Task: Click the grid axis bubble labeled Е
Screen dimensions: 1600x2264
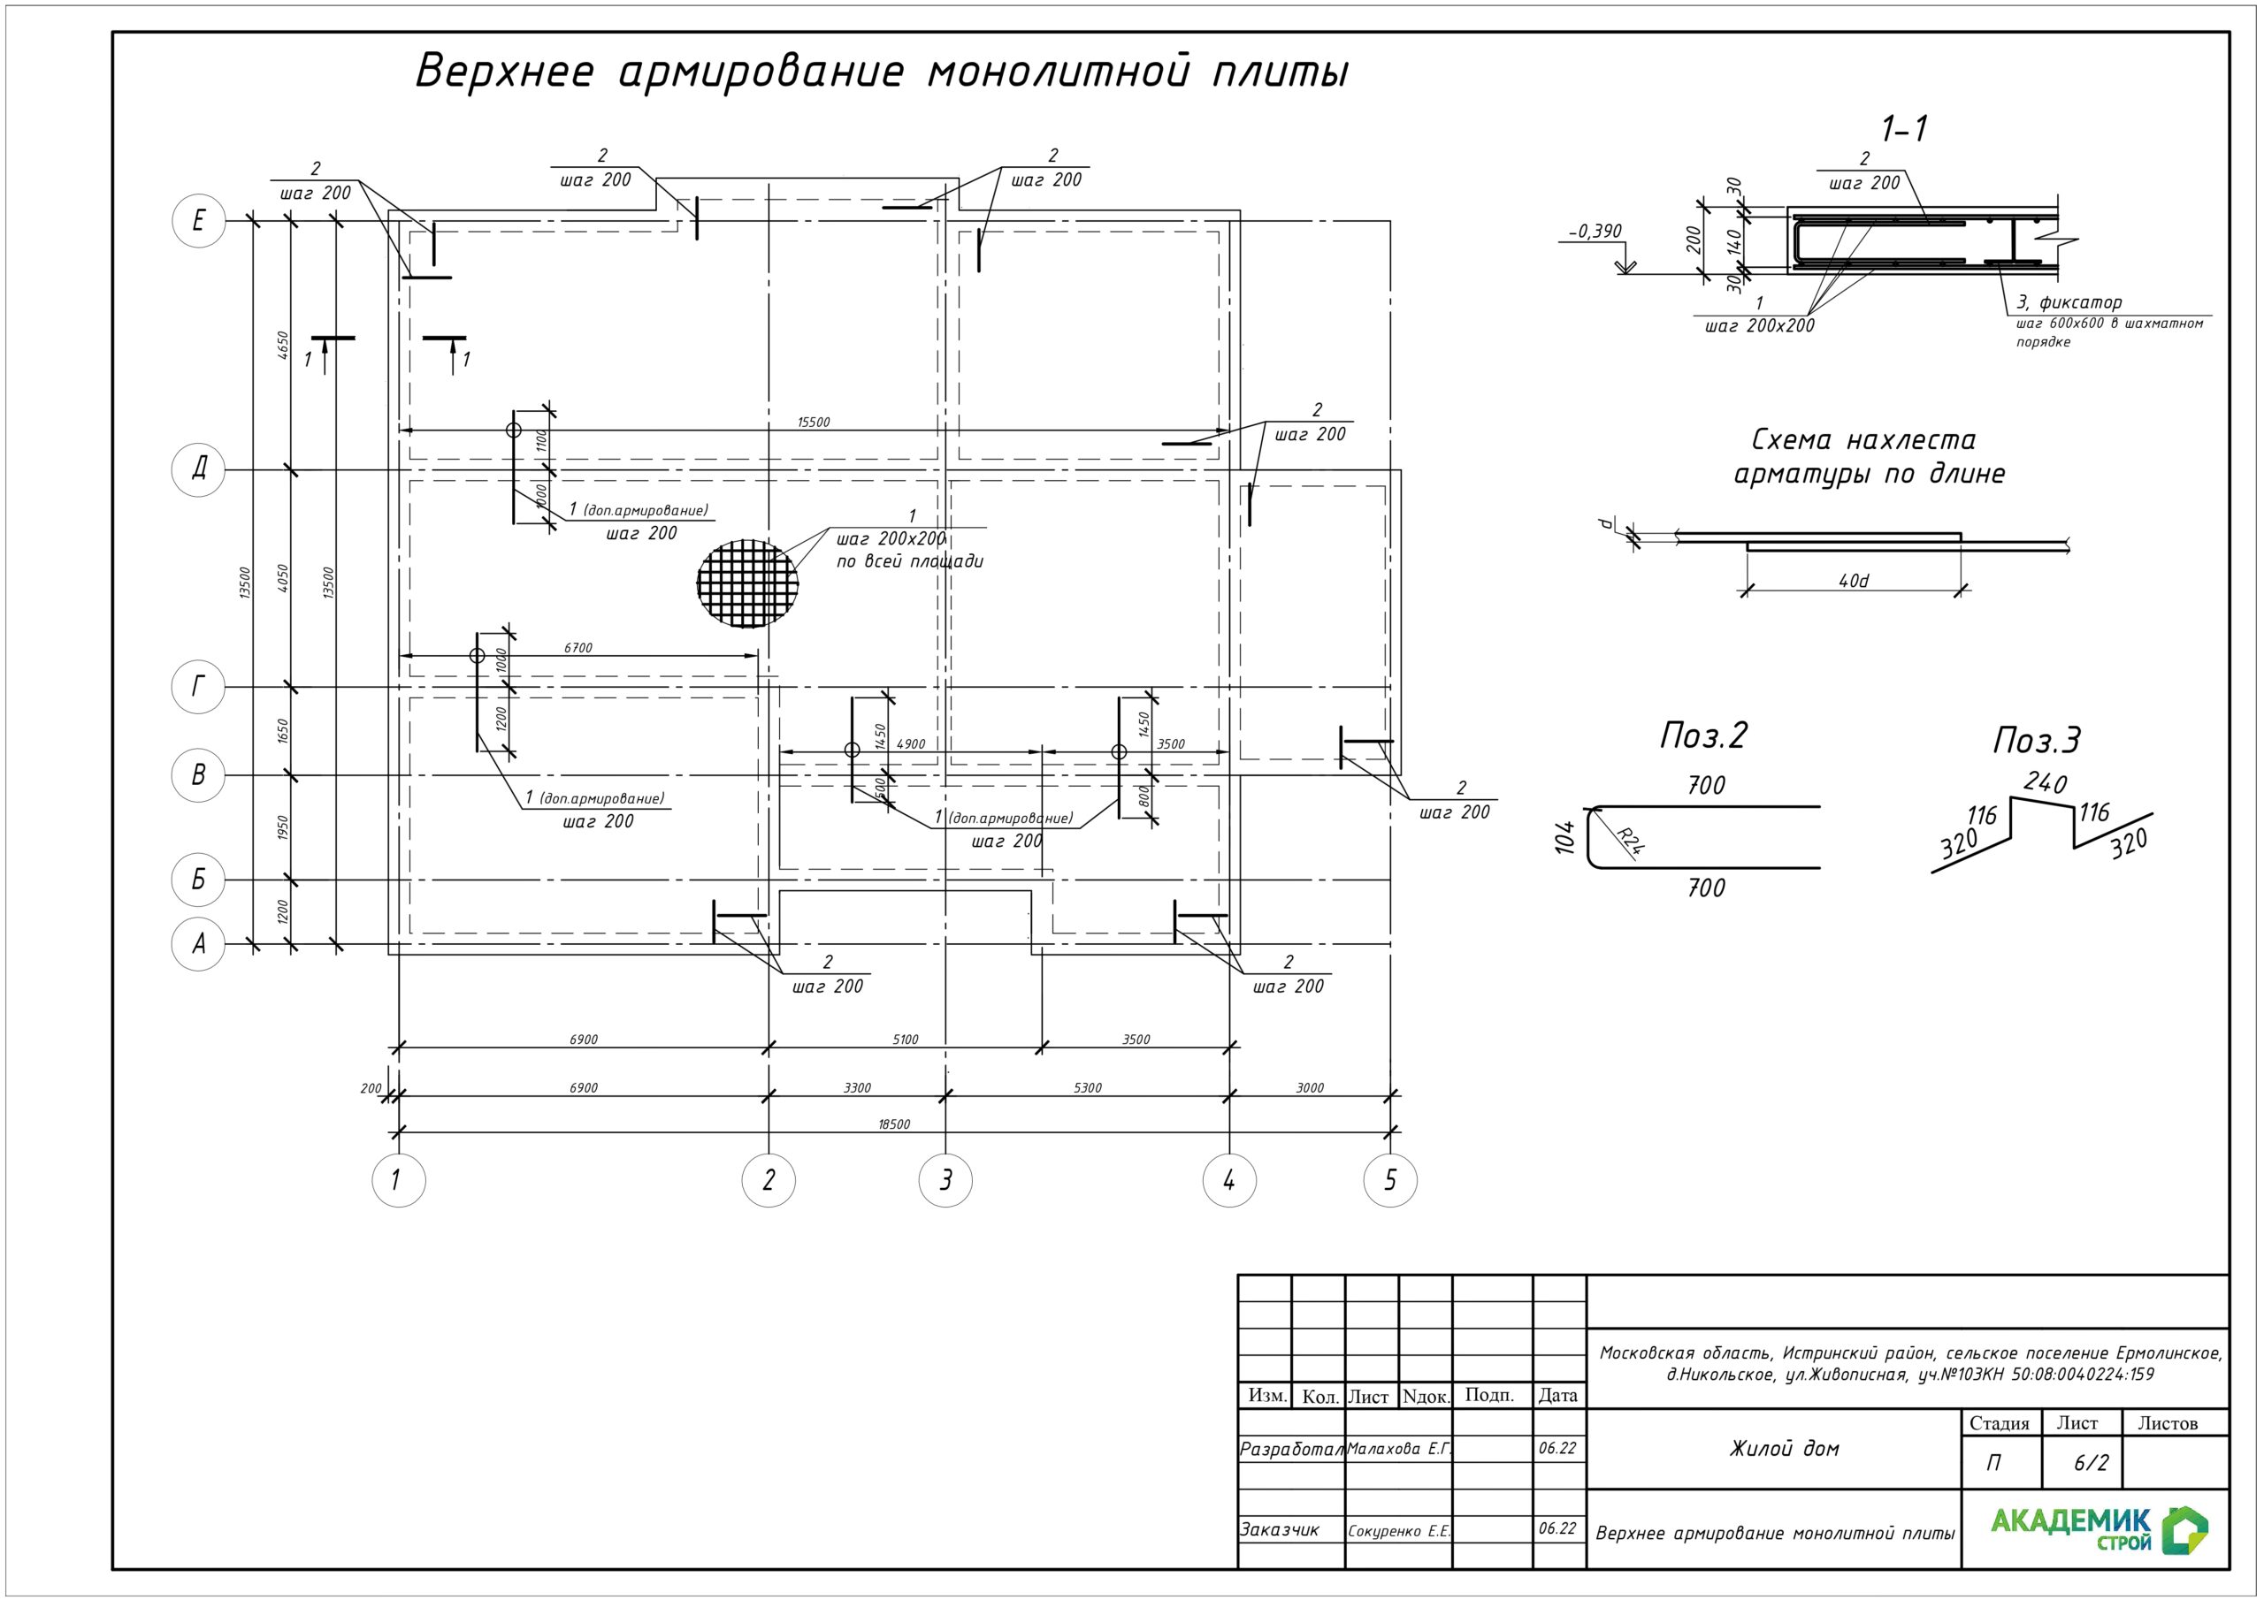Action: point(198,221)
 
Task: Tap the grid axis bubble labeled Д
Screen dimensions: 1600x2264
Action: point(198,469)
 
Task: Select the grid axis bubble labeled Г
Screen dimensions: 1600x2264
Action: point(198,686)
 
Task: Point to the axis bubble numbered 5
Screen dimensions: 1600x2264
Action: point(1389,1179)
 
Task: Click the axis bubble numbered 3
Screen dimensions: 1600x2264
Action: point(945,1179)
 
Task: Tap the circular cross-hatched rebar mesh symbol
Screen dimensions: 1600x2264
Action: point(747,582)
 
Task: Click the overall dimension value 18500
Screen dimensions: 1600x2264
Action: point(893,1124)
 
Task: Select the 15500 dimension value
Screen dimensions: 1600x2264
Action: point(814,422)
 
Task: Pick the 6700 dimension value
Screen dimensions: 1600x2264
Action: point(577,648)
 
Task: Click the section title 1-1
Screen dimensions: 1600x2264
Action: point(1904,128)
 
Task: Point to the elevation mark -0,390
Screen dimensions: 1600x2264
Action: point(1595,232)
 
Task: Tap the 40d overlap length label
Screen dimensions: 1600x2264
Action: point(1853,581)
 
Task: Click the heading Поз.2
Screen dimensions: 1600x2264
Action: point(1703,735)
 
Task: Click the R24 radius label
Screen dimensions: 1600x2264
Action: point(1632,841)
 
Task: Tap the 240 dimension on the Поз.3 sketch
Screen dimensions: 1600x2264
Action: point(2045,782)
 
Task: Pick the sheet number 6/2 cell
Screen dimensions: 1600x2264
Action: point(2090,1463)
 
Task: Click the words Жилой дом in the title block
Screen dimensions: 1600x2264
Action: point(1784,1448)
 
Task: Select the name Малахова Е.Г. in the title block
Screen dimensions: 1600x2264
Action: point(1398,1448)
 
